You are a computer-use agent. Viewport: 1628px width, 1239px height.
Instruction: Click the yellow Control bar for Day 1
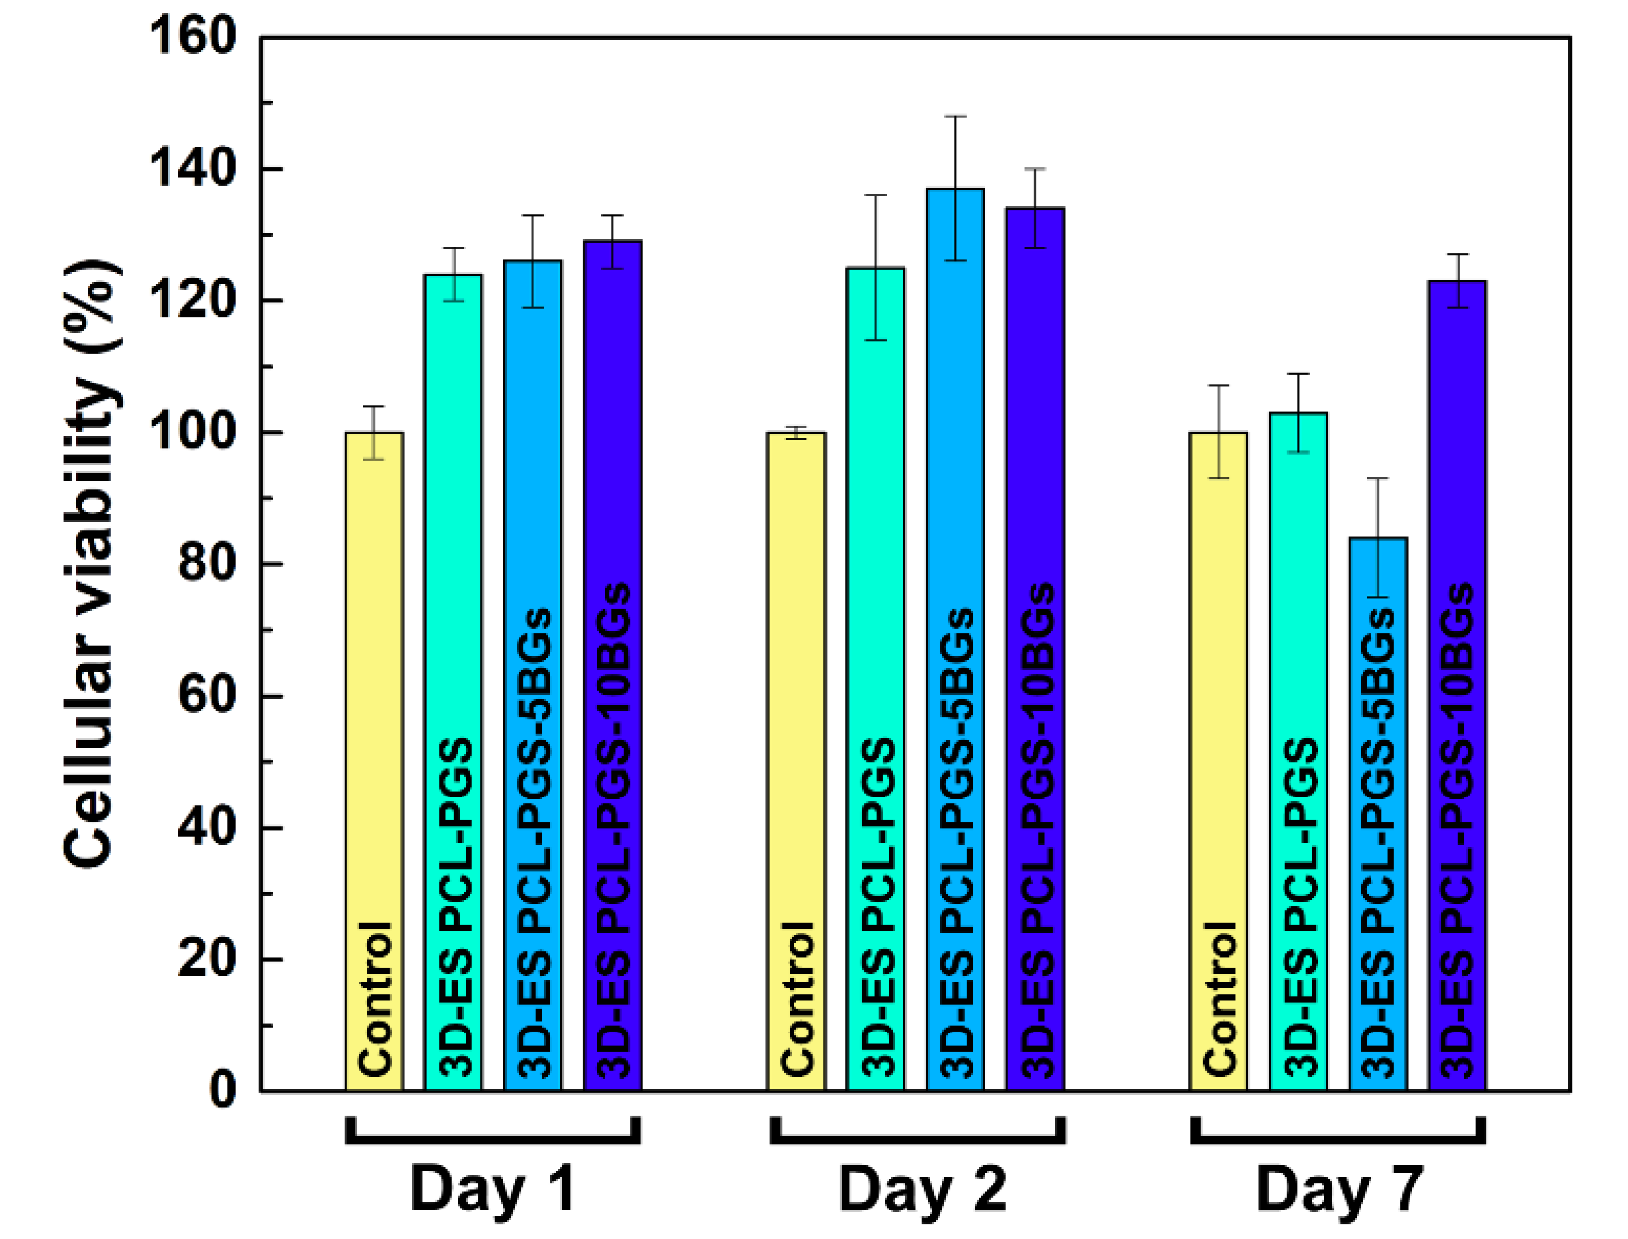click(374, 737)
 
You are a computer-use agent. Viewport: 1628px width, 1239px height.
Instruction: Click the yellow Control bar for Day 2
click(796, 737)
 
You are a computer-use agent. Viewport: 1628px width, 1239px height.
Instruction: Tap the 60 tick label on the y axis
click(206, 695)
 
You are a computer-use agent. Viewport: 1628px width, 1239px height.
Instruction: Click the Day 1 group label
click(492, 1188)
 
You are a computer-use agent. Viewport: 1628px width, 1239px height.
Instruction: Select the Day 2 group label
click(922, 1188)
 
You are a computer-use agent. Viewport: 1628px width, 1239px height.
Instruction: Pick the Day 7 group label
click(1339, 1188)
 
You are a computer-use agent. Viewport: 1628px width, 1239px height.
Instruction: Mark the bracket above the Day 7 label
click(1338, 1140)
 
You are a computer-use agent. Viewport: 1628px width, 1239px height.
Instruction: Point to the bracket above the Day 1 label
click(492, 1140)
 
